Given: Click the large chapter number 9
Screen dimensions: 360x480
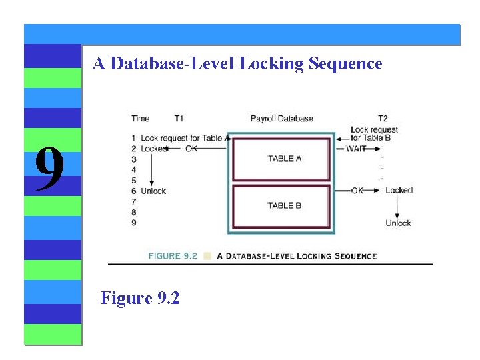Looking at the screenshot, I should (x=50, y=169).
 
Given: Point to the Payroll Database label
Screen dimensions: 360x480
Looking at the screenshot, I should (x=281, y=119).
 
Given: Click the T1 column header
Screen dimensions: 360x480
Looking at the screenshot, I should (x=179, y=119).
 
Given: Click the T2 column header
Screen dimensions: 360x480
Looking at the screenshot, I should (x=383, y=119).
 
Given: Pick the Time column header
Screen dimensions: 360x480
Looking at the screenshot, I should (x=141, y=119).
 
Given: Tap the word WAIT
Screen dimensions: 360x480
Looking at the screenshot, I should (x=356, y=149).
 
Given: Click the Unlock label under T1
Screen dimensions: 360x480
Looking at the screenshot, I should (x=153, y=191).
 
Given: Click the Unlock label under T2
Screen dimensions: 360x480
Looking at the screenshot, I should (x=398, y=223).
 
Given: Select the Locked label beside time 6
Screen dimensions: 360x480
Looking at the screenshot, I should (x=399, y=191).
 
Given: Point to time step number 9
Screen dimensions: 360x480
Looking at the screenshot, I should (x=134, y=223).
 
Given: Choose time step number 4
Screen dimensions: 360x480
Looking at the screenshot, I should (x=134, y=169).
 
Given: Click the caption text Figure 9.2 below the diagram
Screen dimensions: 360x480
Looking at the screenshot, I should (x=140, y=297).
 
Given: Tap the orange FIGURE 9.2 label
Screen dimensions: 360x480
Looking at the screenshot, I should (x=173, y=256).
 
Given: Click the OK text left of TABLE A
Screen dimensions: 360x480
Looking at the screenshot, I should (x=191, y=149).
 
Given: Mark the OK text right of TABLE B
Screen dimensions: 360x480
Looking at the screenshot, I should (x=357, y=191).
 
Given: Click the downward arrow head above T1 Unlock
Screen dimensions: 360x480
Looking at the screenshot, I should (x=153, y=183).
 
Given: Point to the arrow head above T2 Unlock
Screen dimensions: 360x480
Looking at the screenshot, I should (x=398, y=214).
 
